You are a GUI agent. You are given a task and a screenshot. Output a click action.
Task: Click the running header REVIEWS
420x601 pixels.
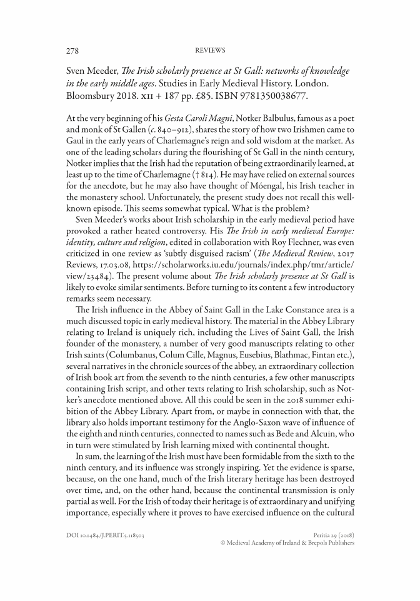tap(210, 50)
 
